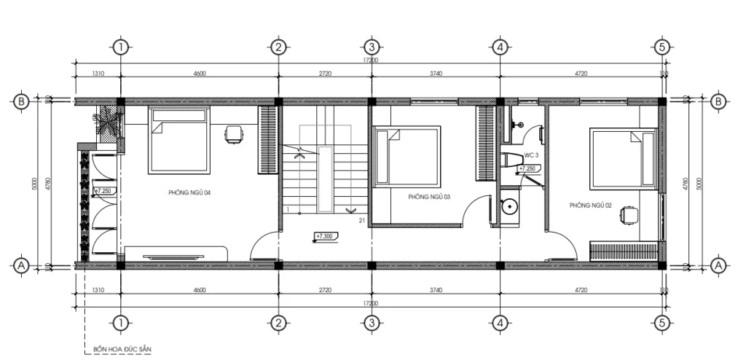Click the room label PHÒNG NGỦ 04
point(189,193)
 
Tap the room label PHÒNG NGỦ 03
point(429,197)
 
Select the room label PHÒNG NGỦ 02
point(591,206)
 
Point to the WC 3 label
point(531,155)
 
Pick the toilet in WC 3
point(511,160)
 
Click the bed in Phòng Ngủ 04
point(178,141)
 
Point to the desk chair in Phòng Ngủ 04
point(234,133)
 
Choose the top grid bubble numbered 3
point(371,47)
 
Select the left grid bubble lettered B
point(22,101)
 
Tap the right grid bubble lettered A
point(719,265)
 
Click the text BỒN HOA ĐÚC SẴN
point(122,349)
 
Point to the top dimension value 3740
point(436,74)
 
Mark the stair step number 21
point(361,220)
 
